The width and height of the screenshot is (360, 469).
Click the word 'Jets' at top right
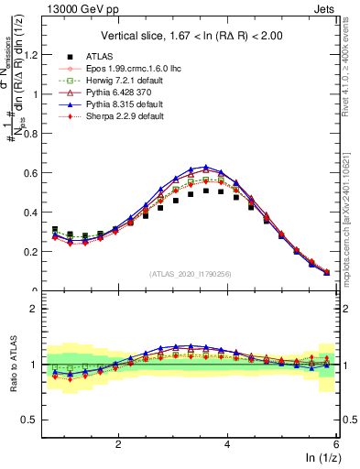[323, 10]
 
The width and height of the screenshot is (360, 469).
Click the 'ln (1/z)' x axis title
[321, 459]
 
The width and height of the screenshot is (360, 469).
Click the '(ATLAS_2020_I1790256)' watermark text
[190, 273]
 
